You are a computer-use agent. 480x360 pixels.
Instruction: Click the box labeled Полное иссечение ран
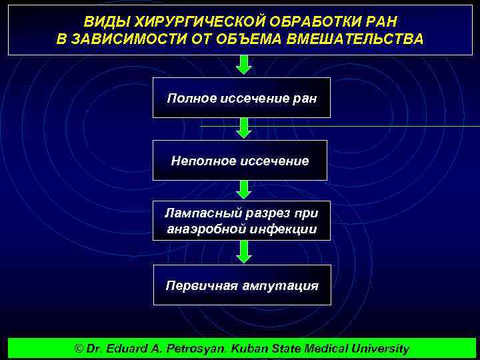241,98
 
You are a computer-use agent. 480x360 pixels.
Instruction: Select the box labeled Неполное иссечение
240,160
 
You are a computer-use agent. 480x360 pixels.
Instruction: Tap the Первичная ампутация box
241,285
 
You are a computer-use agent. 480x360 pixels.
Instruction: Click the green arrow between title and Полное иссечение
245,65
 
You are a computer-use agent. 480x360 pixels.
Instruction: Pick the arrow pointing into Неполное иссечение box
245,128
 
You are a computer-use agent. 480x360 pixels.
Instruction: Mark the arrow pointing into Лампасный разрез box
245,190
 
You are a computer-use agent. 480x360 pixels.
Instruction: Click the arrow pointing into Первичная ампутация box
245,251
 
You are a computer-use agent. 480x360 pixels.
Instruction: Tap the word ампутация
283,285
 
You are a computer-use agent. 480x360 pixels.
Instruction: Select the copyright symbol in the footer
79,349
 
